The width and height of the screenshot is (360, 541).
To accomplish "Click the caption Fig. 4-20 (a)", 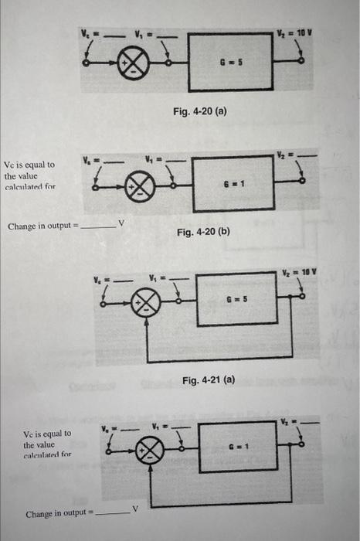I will coord(199,111).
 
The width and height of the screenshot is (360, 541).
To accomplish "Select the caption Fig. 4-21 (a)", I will coord(208,380).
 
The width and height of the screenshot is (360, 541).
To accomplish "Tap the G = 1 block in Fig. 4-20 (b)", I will coord(231,184).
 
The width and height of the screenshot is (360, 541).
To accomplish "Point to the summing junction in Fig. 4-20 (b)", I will coord(144,185).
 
